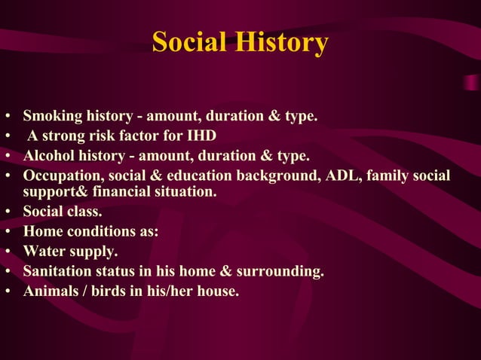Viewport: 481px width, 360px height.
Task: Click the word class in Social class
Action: coord(85,212)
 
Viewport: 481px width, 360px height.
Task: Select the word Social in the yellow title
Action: coord(189,42)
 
